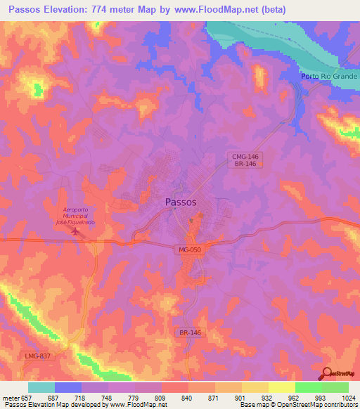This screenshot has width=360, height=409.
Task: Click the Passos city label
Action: [181, 202]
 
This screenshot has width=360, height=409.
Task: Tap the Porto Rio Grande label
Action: [329, 76]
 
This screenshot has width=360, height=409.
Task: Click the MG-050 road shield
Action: [186, 249]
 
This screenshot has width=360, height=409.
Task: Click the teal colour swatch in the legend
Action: [41, 387]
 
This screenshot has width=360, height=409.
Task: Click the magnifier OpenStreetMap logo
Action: [328, 375]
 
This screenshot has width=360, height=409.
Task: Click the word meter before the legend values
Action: [13, 398]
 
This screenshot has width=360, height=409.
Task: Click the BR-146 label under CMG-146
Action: [245, 164]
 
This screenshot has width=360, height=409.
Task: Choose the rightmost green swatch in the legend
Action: [335, 387]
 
